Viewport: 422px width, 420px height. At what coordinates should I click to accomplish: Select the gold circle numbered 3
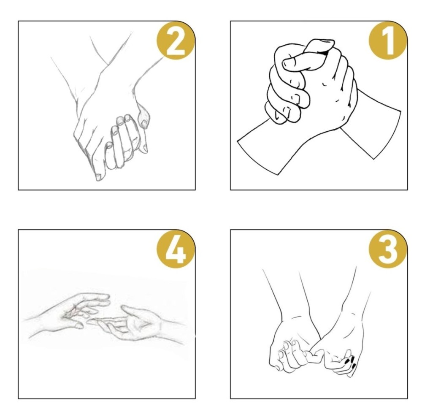(x=387, y=249)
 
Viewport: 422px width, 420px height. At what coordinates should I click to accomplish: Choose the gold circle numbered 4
(x=176, y=249)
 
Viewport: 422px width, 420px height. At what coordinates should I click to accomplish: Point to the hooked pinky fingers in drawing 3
(x=315, y=355)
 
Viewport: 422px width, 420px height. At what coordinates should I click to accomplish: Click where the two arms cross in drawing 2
(x=108, y=65)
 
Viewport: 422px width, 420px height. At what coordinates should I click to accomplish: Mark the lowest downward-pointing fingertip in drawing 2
(x=99, y=177)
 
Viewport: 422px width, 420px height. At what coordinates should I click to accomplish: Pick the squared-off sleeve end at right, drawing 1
(x=387, y=135)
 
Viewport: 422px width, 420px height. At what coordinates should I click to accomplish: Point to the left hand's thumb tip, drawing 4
(x=79, y=326)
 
